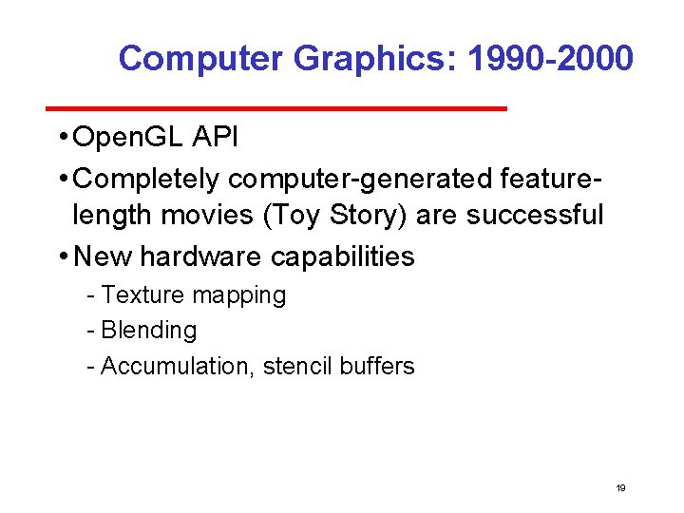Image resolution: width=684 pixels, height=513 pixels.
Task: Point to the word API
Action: click(216, 139)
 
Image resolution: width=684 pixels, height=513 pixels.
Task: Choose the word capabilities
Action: click(343, 256)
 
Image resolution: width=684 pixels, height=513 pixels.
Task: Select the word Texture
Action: click(143, 295)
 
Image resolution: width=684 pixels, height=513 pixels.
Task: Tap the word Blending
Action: click(149, 332)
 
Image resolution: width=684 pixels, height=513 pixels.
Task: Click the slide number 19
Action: click(620, 488)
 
